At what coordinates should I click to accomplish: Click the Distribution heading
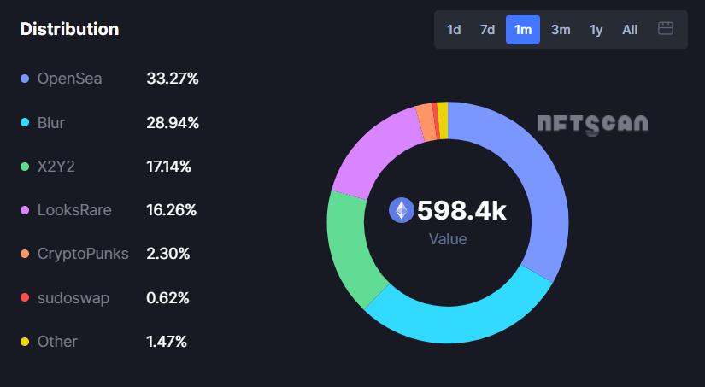click(x=69, y=29)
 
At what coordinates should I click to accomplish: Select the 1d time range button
click(x=454, y=30)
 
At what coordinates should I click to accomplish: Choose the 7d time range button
click(x=487, y=30)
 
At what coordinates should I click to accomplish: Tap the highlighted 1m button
click(x=523, y=30)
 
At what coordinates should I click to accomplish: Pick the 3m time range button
click(x=561, y=30)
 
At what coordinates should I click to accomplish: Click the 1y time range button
click(x=596, y=30)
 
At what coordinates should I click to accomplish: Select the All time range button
click(x=630, y=30)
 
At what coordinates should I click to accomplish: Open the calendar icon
click(x=666, y=29)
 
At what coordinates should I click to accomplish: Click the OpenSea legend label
click(x=69, y=79)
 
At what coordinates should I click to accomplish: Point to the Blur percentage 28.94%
click(x=173, y=123)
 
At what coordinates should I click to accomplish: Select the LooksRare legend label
click(x=74, y=210)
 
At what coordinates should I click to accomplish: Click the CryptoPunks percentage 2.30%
click(x=168, y=254)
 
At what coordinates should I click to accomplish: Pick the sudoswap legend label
click(x=73, y=298)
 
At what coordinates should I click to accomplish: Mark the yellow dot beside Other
click(x=26, y=343)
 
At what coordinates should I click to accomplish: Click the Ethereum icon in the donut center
click(x=401, y=210)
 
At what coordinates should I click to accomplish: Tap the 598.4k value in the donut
click(x=461, y=210)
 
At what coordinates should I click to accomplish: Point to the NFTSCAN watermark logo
click(x=592, y=124)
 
